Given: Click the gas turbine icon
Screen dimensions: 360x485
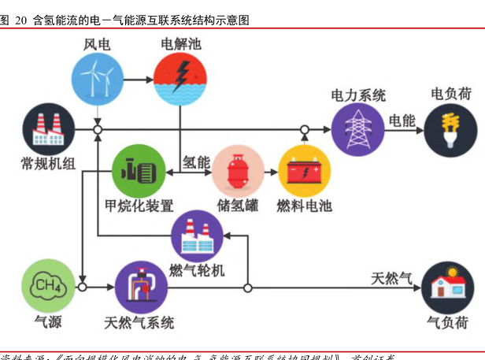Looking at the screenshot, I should [x=197, y=236].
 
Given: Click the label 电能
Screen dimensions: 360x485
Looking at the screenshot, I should [x=402, y=121].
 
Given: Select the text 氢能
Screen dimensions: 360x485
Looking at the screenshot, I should [x=197, y=162].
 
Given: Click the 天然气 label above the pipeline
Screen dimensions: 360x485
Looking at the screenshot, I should [x=391, y=277].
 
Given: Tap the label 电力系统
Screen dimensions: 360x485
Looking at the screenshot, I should [x=357, y=95].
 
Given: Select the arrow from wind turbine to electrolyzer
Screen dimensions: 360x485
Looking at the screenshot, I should [x=139, y=80].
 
